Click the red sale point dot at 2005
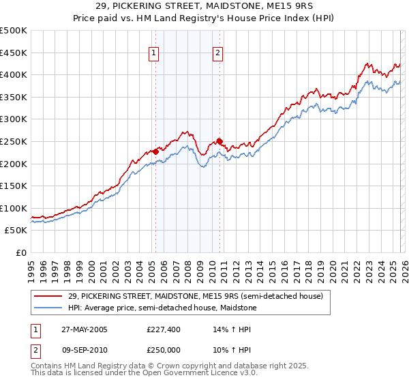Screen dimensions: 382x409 click(x=155, y=151)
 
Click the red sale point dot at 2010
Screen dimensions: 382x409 click(x=219, y=141)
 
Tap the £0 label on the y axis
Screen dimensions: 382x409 click(x=20, y=252)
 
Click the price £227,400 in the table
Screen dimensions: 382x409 click(x=164, y=329)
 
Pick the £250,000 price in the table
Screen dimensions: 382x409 click(x=164, y=349)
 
